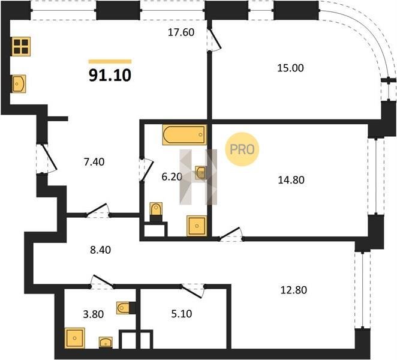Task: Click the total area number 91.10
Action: (110, 75)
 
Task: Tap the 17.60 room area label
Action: (181, 32)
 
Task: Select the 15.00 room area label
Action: (290, 68)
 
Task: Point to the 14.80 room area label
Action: (291, 180)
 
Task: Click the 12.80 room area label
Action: (294, 290)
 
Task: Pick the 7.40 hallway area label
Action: (94, 161)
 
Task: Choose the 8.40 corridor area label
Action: (101, 250)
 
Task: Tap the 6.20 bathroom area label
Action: (172, 177)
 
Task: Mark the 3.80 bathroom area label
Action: (94, 314)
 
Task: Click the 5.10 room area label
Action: (182, 314)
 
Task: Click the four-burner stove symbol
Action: (21, 46)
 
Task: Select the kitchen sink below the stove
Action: (19, 83)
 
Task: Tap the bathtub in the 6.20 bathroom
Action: (185, 135)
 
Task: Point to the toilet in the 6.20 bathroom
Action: (156, 210)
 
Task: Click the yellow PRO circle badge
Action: (242, 149)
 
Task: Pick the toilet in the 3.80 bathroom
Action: (123, 308)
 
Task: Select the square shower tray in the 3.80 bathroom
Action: (75, 338)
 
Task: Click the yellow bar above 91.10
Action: (110, 61)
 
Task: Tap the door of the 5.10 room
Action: (193, 290)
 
